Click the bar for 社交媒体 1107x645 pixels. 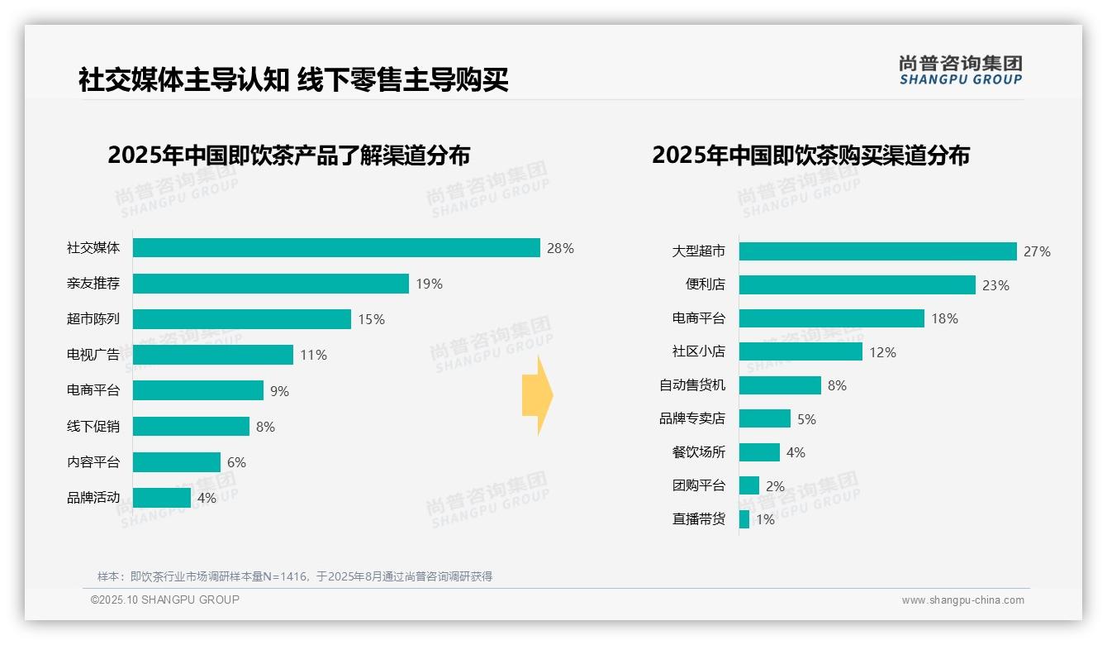pyautogui.click(x=336, y=248)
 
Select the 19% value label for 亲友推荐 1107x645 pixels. pyautogui.click(x=429, y=284)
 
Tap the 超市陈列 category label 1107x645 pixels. pyautogui.click(x=93, y=319)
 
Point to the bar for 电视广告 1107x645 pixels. pyautogui.click(x=213, y=355)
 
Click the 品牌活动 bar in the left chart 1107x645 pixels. pyautogui.click(x=162, y=498)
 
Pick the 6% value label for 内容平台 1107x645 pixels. pyautogui.click(x=236, y=462)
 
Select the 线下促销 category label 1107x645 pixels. pyautogui.click(x=93, y=427)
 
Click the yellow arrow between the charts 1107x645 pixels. pyautogui.click(x=537, y=395)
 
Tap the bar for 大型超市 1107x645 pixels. pyautogui.click(x=877, y=251)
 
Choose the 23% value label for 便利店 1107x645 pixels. pyautogui.click(x=995, y=285)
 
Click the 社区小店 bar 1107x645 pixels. pyautogui.click(x=801, y=351)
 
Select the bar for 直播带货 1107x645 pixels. pyautogui.click(x=744, y=519)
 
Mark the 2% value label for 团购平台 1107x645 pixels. pyautogui.click(x=775, y=486)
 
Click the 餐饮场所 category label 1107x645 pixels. pyautogui.click(x=699, y=452)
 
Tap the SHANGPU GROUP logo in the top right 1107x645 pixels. pyautogui.click(x=960, y=70)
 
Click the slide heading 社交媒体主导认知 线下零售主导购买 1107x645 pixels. pyautogui.click(x=293, y=80)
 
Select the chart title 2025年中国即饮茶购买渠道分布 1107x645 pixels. pyautogui.click(x=810, y=155)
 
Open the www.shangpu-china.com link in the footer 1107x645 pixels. pyautogui.click(x=962, y=600)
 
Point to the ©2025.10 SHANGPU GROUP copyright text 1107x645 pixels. pyautogui.click(x=165, y=600)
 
